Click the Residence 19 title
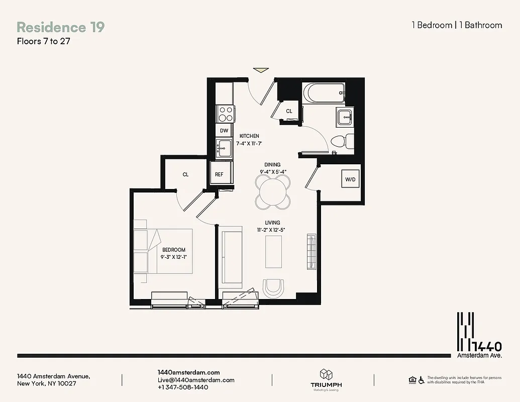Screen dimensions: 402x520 point(61,27)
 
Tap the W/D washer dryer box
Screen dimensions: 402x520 point(350,178)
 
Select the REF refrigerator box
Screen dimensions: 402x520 point(220,174)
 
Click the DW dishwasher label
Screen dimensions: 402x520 point(224,131)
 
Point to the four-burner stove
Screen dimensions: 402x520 point(225,114)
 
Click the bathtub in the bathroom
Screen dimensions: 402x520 point(324,93)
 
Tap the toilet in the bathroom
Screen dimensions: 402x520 point(341,141)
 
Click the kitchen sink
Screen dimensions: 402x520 point(224,148)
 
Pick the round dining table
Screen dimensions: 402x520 point(273,191)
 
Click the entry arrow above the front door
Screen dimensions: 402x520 point(261,70)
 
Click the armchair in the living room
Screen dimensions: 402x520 point(274,288)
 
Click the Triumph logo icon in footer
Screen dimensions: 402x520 point(326,375)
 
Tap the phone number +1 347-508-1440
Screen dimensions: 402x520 point(182,387)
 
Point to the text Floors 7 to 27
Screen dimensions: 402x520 point(43,42)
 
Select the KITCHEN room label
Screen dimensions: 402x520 point(249,136)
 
